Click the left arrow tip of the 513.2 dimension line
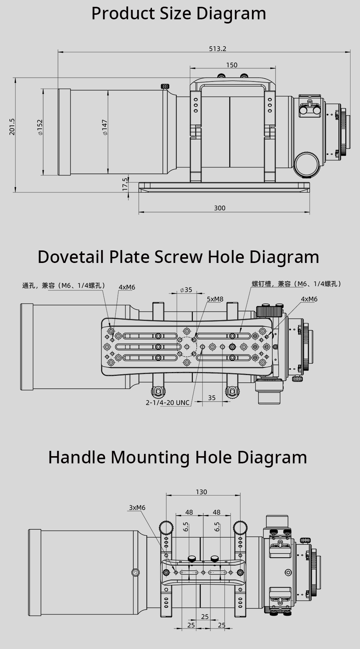(58, 52)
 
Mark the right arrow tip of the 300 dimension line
(310, 212)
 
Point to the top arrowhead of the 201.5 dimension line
(14, 78)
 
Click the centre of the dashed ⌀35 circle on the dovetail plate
(187, 347)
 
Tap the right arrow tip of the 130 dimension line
(240, 495)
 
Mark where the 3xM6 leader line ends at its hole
(176, 572)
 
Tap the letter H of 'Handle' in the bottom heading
(54, 458)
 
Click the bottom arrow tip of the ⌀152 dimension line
(43, 175)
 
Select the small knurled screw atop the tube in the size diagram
(165, 86)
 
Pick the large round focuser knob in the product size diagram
(307, 164)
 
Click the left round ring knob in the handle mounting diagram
(166, 527)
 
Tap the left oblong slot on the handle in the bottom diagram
(189, 572)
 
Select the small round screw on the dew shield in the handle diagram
(136, 572)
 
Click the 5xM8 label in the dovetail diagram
(215, 299)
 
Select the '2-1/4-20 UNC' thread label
(167, 402)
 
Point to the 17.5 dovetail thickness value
(125, 184)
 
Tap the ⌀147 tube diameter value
(105, 127)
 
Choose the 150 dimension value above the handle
(232, 65)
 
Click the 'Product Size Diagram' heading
(178, 13)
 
